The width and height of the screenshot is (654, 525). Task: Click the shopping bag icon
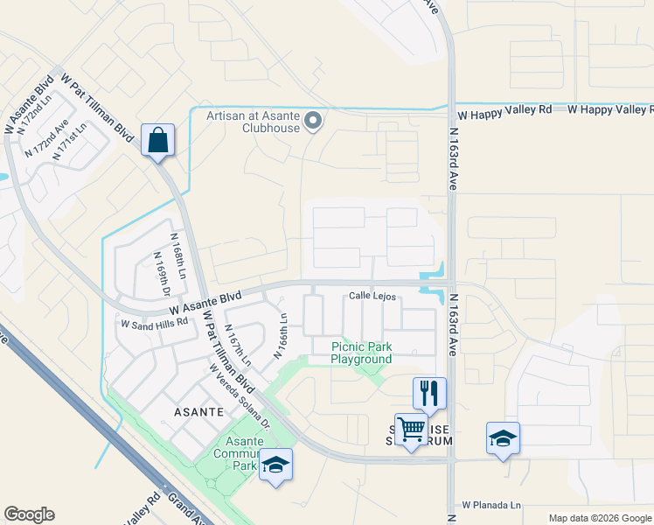click(x=157, y=140)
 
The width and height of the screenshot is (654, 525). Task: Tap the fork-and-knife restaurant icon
click(x=429, y=393)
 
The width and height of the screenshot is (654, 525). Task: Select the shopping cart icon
click(x=411, y=430)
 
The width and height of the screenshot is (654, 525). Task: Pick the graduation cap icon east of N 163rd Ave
click(x=504, y=437)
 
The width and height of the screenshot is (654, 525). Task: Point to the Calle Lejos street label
click(x=374, y=297)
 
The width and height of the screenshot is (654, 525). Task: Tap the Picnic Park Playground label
click(x=361, y=353)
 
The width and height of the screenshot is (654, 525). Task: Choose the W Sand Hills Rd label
click(x=155, y=323)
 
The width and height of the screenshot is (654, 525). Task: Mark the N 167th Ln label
click(x=238, y=345)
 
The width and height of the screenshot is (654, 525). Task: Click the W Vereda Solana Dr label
click(x=239, y=395)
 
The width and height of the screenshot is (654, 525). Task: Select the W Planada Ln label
click(x=491, y=505)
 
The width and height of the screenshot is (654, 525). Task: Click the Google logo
click(x=29, y=514)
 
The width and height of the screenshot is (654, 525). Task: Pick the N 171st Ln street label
click(x=69, y=141)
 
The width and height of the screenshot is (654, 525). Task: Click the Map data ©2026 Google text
click(x=599, y=518)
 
